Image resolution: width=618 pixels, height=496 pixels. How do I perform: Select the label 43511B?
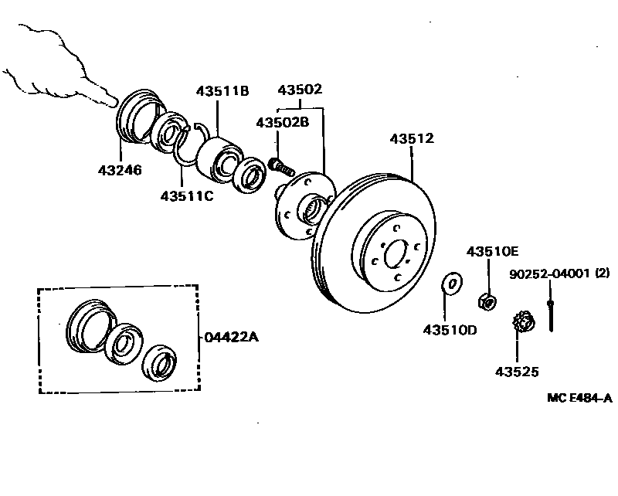[222, 91]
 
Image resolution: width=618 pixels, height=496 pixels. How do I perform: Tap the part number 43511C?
[186, 195]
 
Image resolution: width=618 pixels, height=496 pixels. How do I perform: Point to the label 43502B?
[283, 122]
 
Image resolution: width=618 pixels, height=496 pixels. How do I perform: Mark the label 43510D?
[450, 330]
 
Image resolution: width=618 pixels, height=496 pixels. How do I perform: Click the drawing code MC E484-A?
[579, 398]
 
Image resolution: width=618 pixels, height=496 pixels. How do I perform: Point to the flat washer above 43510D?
[451, 284]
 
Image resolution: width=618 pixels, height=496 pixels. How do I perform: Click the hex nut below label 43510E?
[487, 300]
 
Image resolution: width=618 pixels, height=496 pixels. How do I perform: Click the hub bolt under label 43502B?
[282, 165]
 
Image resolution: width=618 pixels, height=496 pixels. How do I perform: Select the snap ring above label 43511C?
[188, 144]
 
